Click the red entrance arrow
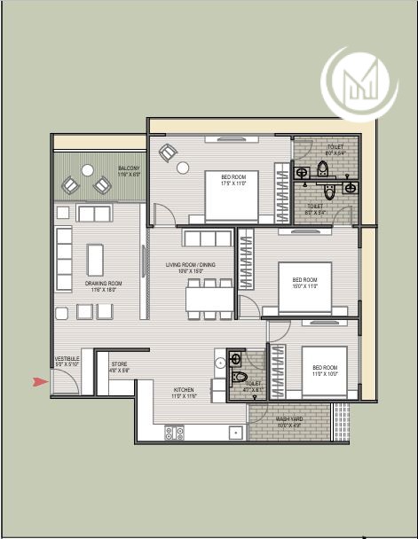39,382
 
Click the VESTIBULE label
67,361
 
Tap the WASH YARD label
289,422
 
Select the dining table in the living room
210,299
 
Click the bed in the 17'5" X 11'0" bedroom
233,196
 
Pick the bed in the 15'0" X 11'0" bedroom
304,287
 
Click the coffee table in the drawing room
96,260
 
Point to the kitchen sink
235,433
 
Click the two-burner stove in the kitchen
175,433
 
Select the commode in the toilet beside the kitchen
238,377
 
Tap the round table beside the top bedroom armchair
183,167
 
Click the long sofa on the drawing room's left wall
64,253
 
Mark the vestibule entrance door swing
65,382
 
